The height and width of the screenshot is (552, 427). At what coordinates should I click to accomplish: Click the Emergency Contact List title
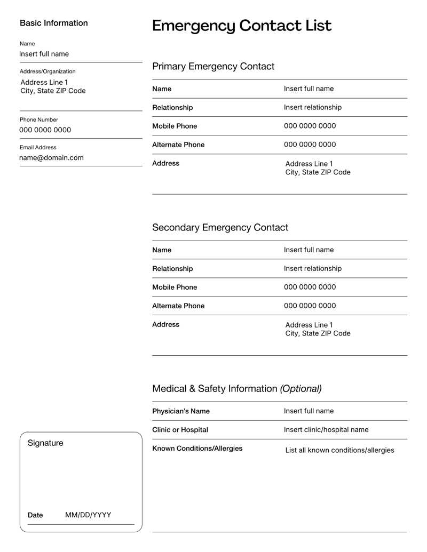coord(242,26)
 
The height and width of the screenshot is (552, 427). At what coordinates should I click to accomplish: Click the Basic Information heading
coord(54,23)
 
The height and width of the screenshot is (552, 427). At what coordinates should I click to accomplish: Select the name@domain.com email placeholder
coord(51,158)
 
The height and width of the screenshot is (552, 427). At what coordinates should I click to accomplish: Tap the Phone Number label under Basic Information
coord(39,119)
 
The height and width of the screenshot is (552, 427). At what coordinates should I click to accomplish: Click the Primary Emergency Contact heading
coord(213,66)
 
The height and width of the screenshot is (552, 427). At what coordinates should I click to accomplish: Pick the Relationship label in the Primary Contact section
coord(172,108)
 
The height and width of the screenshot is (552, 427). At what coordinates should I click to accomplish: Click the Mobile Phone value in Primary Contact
coord(310,126)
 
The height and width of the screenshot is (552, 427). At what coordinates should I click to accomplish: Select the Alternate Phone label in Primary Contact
coord(178,145)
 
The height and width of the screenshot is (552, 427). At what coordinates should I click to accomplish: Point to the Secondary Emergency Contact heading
coord(220,228)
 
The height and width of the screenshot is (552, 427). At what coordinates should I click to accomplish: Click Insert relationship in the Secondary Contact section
coord(313,269)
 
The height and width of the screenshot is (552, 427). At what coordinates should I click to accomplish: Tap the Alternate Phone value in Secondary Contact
coord(310,306)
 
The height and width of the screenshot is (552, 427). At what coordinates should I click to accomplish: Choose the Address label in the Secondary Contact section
coord(166,325)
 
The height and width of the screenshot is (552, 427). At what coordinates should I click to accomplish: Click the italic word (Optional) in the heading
coord(301,389)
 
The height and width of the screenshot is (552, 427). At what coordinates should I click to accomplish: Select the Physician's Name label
coord(181,411)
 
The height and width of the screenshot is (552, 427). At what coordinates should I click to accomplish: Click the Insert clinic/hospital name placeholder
coord(326,430)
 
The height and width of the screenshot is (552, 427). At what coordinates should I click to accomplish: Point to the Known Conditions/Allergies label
coord(197,449)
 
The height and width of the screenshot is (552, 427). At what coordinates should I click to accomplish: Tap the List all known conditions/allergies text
coord(340,450)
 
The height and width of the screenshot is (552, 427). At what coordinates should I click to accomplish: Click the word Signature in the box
coord(45,443)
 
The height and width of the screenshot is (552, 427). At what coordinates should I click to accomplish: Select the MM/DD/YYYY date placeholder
coord(88,515)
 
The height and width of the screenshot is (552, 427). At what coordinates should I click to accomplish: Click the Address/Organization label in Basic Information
coord(48,71)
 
